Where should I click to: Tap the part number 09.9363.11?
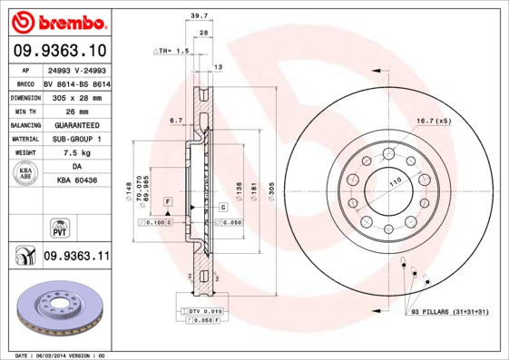pyautogui.click(x=76, y=258)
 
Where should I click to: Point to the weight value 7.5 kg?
pyautogui.click(x=75, y=153)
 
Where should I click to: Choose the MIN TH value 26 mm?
pyautogui.click(x=75, y=110)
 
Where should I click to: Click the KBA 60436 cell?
pyautogui.click(x=75, y=181)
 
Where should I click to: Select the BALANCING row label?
pyautogui.click(x=26, y=124)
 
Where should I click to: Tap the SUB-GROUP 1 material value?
pyautogui.click(x=75, y=139)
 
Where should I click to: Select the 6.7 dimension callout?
pyautogui.click(x=177, y=119)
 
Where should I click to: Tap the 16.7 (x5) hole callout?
pyautogui.click(x=434, y=120)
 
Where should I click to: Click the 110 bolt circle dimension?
pyautogui.click(x=395, y=182)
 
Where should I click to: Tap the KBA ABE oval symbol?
pyautogui.click(x=26, y=174)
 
